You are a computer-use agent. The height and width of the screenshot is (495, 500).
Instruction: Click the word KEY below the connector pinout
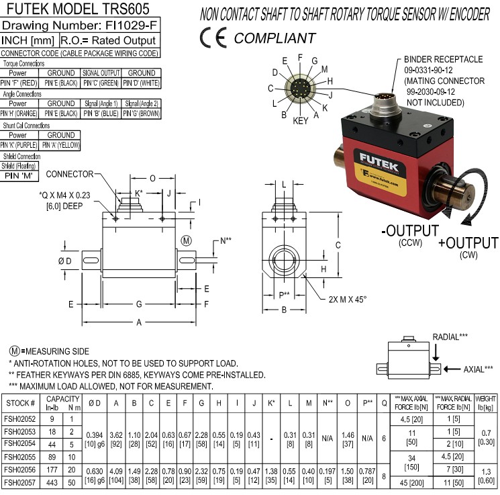(301, 121)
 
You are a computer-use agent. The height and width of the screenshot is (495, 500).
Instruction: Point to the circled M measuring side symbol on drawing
(186, 240)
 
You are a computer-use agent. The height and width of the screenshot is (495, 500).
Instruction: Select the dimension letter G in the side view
(138, 304)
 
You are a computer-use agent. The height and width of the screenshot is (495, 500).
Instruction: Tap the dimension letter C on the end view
(340, 244)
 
